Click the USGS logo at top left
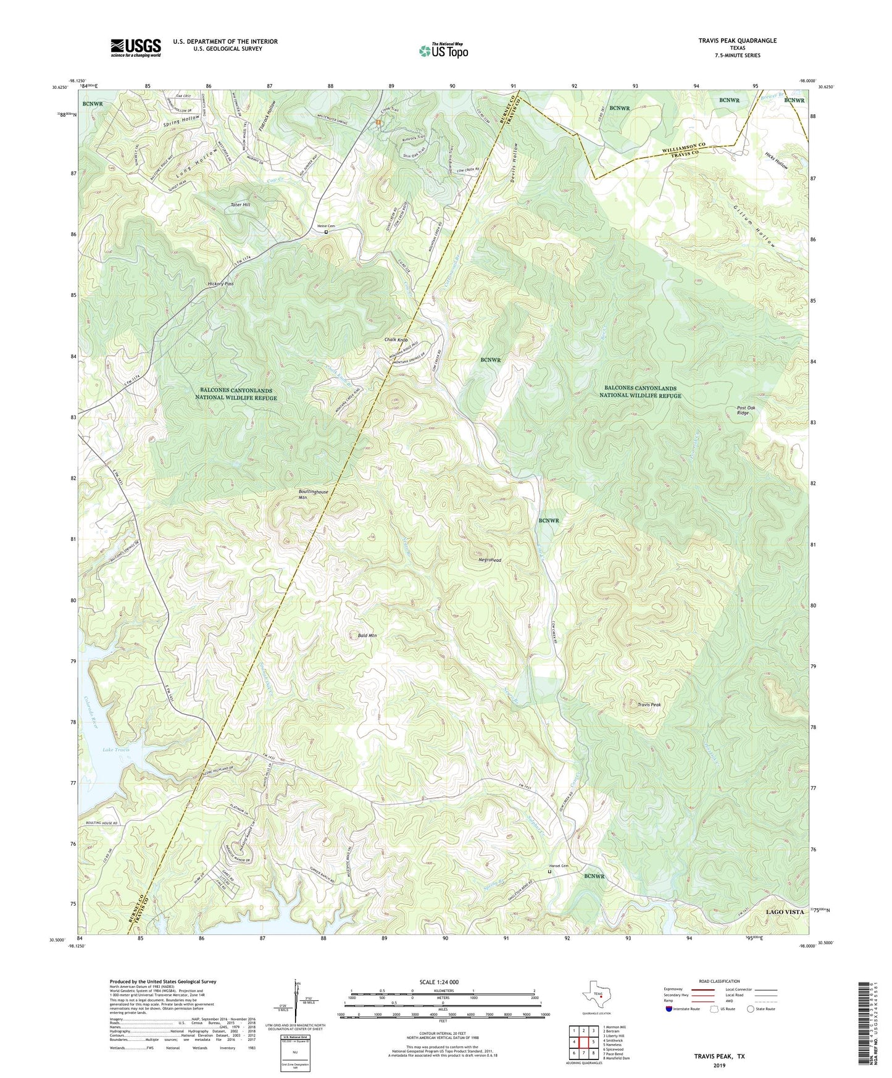click(x=136, y=47)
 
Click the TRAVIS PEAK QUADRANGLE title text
click(x=737, y=41)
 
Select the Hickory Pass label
click(x=220, y=284)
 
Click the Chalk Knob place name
click(x=396, y=340)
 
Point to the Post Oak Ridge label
click(x=743, y=411)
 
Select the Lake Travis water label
click(x=116, y=750)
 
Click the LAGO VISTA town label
click(x=785, y=911)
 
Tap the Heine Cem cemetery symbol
click(x=327, y=232)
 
